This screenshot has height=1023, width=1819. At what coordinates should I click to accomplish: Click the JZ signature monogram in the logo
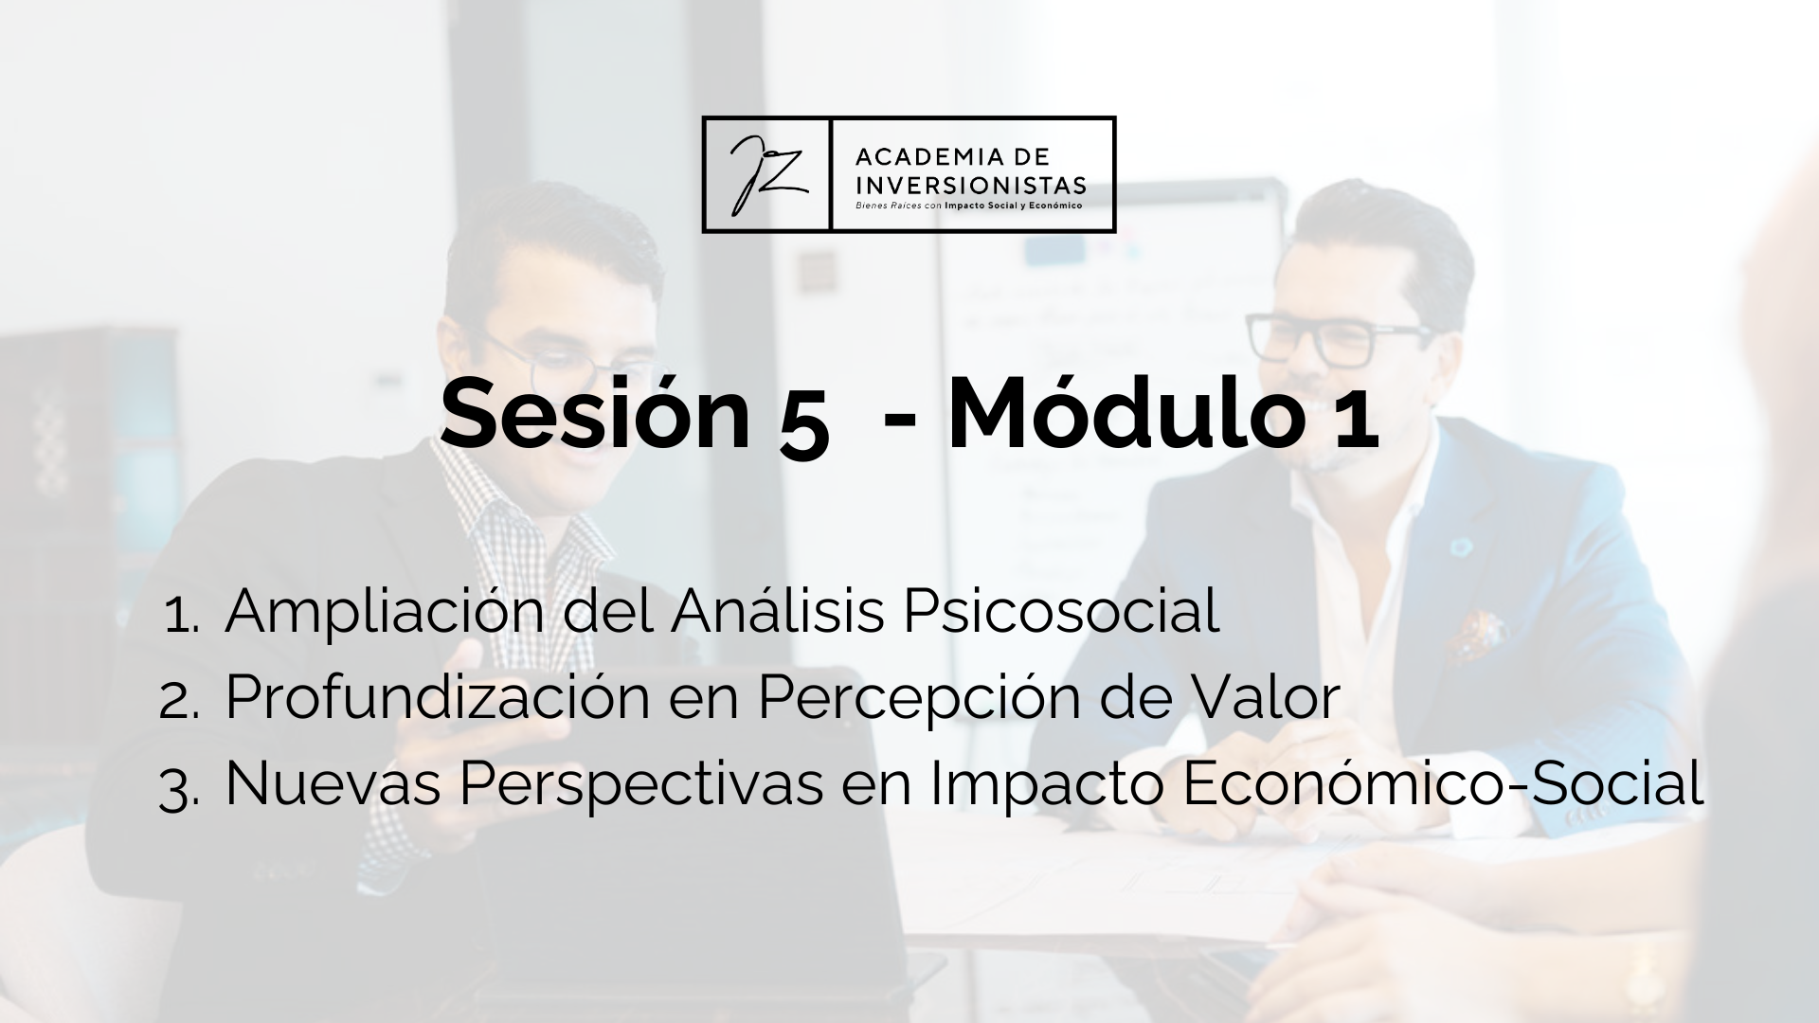pyautogui.click(x=766, y=174)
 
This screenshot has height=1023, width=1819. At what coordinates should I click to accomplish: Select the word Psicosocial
pyautogui.click(x=1061, y=612)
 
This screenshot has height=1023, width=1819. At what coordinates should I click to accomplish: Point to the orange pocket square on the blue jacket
pyautogui.click(x=1472, y=634)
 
